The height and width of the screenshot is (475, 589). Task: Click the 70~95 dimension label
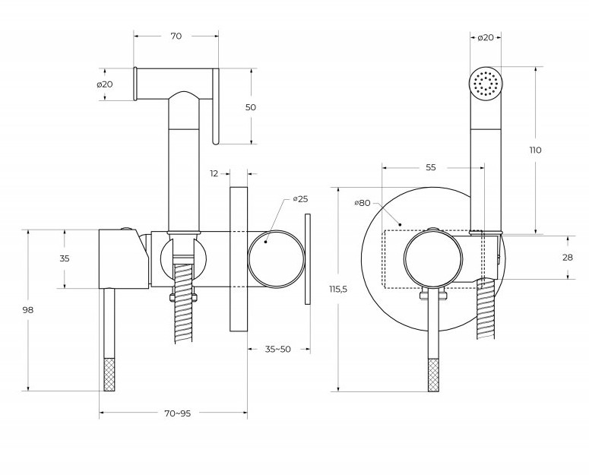[x=177, y=413]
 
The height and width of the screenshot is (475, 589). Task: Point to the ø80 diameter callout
[x=363, y=203]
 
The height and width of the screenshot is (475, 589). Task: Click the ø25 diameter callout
[x=300, y=199]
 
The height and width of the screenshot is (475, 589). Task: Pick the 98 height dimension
[x=28, y=309]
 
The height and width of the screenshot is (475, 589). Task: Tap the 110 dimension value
[x=536, y=150]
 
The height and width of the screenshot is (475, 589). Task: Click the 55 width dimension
[x=430, y=167]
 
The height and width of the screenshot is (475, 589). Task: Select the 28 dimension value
[x=566, y=258]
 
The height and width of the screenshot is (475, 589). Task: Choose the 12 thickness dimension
[x=215, y=173]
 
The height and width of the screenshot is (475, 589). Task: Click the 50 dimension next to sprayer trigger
[x=250, y=107]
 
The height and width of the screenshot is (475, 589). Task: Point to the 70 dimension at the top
[x=176, y=35]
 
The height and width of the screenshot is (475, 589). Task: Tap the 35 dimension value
[x=65, y=258]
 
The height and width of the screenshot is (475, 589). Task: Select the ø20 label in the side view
[x=105, y=84]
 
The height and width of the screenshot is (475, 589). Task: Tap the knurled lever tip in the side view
[x=109, y=373]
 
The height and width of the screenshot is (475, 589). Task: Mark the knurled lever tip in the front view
[x=434, y=373]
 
